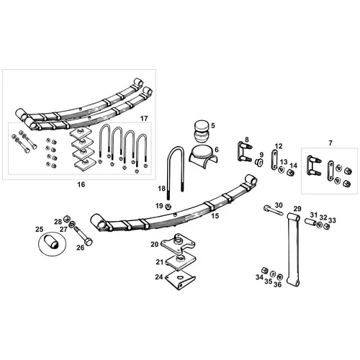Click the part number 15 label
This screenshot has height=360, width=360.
pos(215,216)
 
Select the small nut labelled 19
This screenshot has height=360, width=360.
pos(168,206)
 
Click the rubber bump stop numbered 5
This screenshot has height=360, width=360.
pos(202,132)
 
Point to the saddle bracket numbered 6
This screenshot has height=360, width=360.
pos(202,156)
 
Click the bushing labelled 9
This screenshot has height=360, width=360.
pos(259,163)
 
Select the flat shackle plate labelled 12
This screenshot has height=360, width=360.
pos(274,160)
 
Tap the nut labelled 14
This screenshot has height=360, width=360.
pos(291,172)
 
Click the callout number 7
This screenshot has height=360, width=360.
pos(330,143)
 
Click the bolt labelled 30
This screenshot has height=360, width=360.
pos(273,210)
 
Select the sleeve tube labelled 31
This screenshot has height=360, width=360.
pos(310,222)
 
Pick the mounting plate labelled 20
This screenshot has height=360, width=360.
pos(178,244)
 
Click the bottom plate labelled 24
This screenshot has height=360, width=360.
pos(180,279)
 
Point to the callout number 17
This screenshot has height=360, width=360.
pos(144,119)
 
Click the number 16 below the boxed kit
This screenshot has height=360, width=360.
pos(81,184)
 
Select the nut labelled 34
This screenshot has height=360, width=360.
pos(264,270)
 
